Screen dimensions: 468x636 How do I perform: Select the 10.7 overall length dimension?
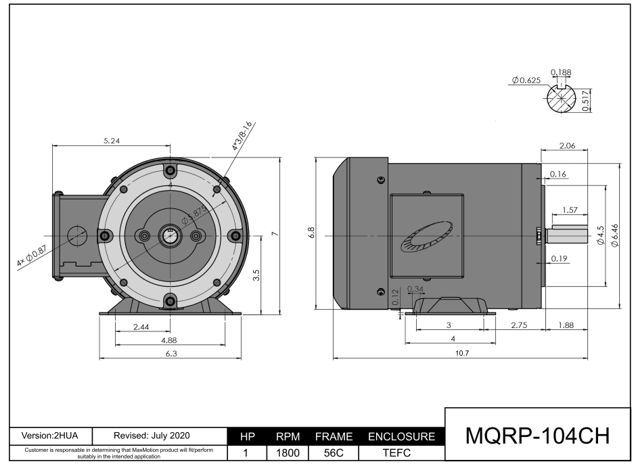pyautogui.click(x=462, y=353)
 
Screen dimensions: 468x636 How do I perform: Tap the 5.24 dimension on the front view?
pyautogui.click(x=112, y=141)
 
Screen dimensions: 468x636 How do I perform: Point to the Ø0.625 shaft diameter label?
pyautogui.click(x=526, y=80)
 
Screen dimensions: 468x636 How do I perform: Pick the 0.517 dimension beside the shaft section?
pyautogui.click(x=586, y=100)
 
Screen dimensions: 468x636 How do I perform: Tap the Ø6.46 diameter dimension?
pyautogui.click(x=614, y=235)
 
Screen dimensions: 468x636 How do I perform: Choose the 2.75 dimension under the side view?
pyautogui.click(x=518, y=325)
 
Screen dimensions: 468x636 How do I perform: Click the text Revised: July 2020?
pyautogui.click(x=152, y=436)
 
